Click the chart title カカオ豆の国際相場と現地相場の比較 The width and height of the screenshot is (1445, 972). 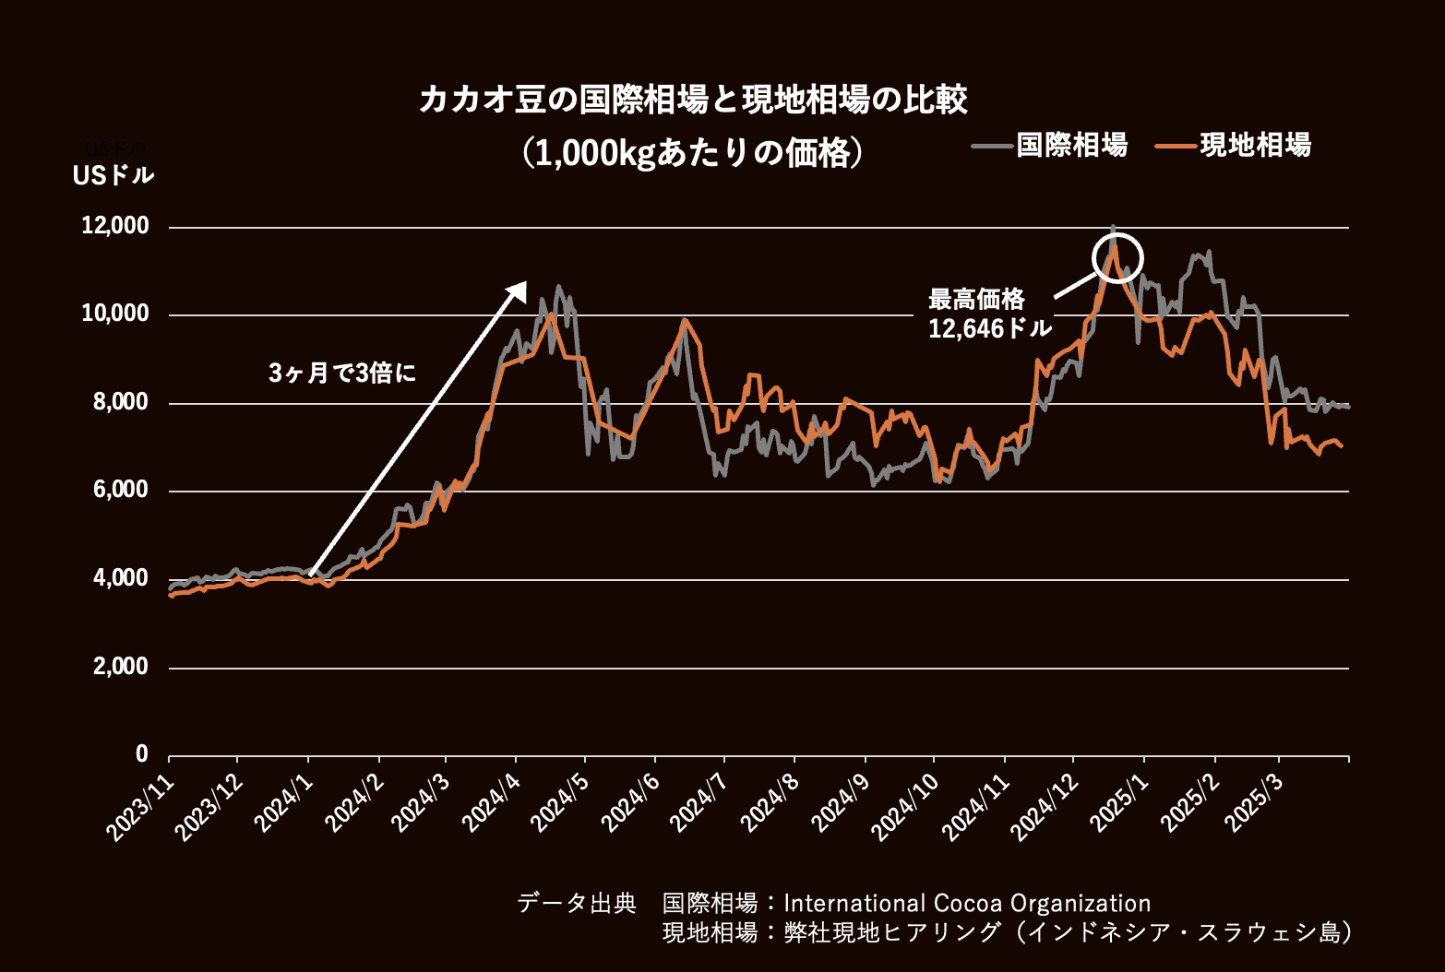(693, 100)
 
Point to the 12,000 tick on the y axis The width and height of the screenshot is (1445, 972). (115, 226)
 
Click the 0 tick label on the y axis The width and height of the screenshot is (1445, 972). (141, 754)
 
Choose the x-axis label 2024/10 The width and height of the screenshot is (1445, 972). (907, 806)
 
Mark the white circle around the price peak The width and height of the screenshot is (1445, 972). (1117, 258)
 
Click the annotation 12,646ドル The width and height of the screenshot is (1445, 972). (989, 328)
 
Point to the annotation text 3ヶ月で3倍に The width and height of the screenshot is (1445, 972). (342, 373)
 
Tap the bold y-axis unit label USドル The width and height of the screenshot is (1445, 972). (113, 175)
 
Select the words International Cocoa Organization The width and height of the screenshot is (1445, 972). (967, 903)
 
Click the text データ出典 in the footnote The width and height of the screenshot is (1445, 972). (577, 903)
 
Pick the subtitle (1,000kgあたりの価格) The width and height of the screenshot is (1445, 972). (693, 153)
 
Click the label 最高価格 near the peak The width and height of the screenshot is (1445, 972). (976, 300)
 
